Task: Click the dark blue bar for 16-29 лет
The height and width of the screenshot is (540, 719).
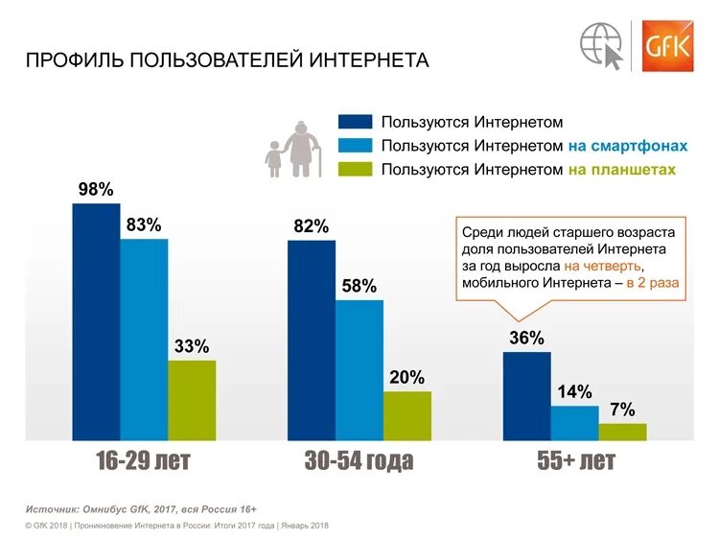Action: point(96,322)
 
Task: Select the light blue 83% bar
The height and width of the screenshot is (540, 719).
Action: point(144,340)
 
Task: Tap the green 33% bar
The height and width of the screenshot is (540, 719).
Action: point(192,400)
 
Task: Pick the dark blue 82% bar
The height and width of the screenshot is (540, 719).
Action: point(312,340)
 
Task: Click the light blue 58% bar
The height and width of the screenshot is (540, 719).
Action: point(359,370)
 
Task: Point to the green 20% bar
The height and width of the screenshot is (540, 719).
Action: point(407,415)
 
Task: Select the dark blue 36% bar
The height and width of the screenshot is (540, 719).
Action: point(527,396)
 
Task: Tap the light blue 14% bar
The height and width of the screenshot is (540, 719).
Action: point(574,422)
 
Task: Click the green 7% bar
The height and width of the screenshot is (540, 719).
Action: point(623,432)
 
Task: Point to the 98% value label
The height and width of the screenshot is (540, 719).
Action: point(96,190)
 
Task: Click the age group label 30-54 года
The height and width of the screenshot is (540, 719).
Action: point(359,461)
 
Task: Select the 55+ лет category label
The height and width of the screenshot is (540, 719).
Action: point(575,461)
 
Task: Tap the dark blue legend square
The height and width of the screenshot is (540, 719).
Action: point(354,122)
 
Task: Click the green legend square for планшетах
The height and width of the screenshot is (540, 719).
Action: point(354,170)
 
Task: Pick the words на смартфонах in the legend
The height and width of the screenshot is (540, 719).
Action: point(627,146)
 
